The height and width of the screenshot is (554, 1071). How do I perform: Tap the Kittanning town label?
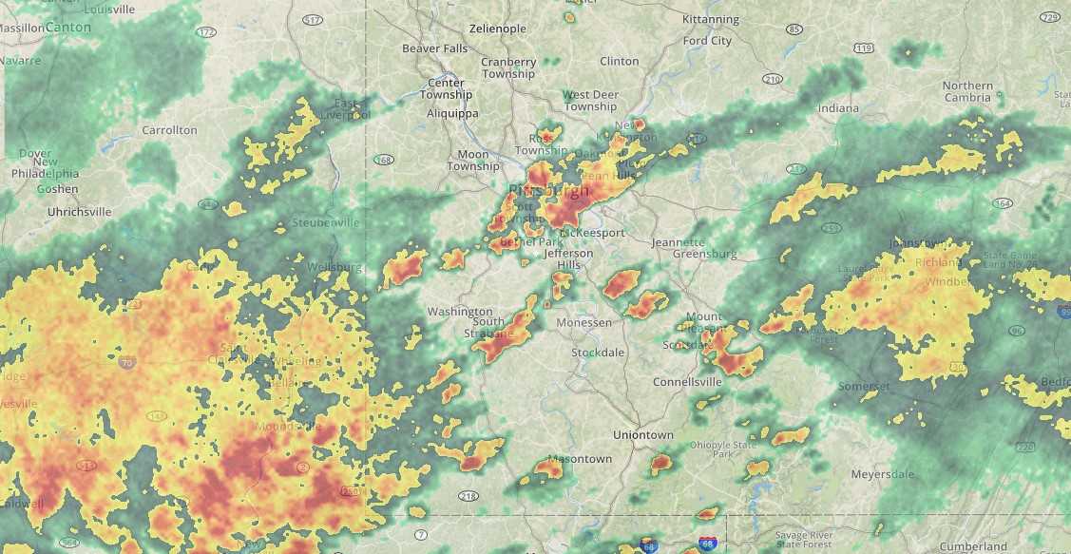(x=710, y=19)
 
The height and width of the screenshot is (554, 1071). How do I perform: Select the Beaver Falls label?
(x=435, y=48)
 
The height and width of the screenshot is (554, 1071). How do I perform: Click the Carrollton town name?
(x=169, y=129)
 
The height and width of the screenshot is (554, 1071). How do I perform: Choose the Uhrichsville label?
(x=79, y=211)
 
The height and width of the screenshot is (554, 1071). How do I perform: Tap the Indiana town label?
(x=838, y=108)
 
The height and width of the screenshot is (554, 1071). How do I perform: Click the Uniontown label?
(x=642, y=434)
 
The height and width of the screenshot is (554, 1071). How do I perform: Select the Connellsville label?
(x=687, y=382)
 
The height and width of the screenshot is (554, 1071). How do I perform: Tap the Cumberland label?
(x=972, y=546)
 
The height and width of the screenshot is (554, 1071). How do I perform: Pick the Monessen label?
(x=583, y=323)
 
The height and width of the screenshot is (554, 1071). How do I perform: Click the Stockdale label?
(x=598, y=353)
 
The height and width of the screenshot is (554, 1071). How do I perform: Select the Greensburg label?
(x=704, y=254)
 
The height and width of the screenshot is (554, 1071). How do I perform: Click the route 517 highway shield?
(x=313, y=19)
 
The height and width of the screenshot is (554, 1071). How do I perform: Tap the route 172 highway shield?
(x=206, y=32)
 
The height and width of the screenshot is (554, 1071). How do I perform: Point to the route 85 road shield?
(x=794, y=29)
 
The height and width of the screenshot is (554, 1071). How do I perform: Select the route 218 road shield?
(x=468, y=496)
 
